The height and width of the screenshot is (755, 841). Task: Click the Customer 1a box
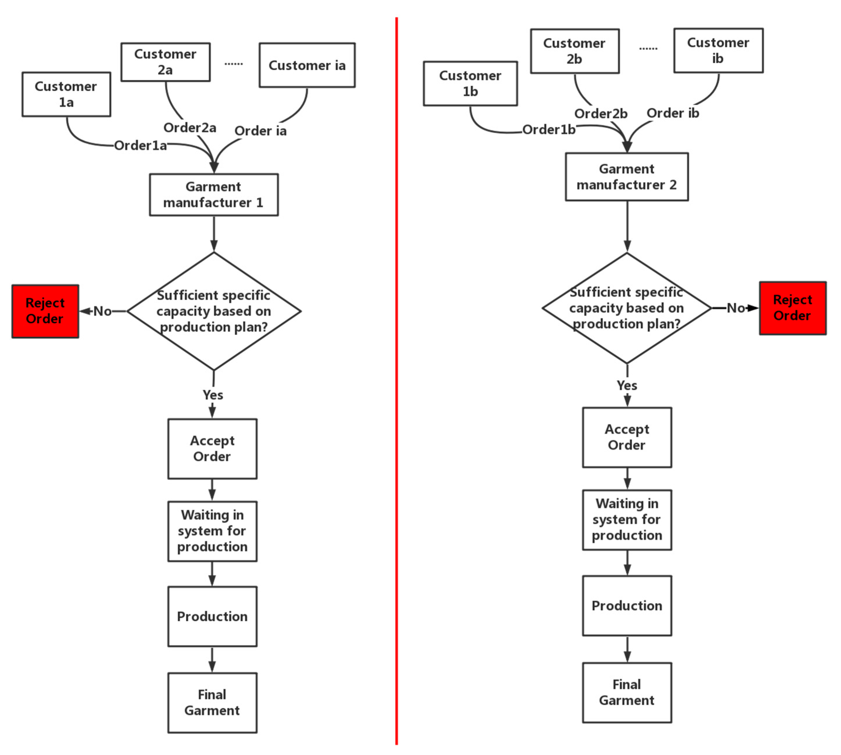pyautogui.click(x=66, y=94)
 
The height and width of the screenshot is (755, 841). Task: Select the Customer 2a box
pyautogui.click(x=165, y=62)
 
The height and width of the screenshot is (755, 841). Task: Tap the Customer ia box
pyautogui.click(x=307, y=65)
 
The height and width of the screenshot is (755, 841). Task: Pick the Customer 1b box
pyautogui.click(x=470, y=83)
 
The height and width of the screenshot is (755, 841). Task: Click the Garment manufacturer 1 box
pyautogui.click(x=214, y=194)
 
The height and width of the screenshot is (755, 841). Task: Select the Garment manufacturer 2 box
pyautogui.click(x=626, y=177)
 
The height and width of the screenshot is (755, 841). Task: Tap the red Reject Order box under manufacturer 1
pyautogui.click(x=45, y=311)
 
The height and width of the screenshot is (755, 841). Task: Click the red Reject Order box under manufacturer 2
pyautogui.click(x=792, y=308)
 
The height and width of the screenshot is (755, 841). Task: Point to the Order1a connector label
pyautogui.click(x=140, y=146)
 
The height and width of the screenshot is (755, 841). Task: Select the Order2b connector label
pyautogui.click(x=600, y=114)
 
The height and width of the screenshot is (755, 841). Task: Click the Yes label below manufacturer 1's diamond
pyautogui.click(x=213, y=395)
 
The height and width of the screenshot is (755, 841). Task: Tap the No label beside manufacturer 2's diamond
pyautogui.click(x=736, y=308)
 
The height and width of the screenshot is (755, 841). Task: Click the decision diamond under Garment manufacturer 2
pyautogui.click(x=626, y=308)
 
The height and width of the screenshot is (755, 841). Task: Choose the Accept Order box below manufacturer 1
pyautogui.click(x=212, y=449)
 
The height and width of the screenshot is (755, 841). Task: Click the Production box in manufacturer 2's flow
pyautogui.click(x=627, y=606)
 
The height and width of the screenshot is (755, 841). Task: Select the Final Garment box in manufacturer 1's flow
pyautogui.click(x=212, y=703)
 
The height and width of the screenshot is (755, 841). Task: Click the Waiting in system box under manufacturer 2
pyautogui.click(x=627, y=520)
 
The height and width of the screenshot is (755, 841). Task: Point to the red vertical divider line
pyautogui.click(x=396, y=373)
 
